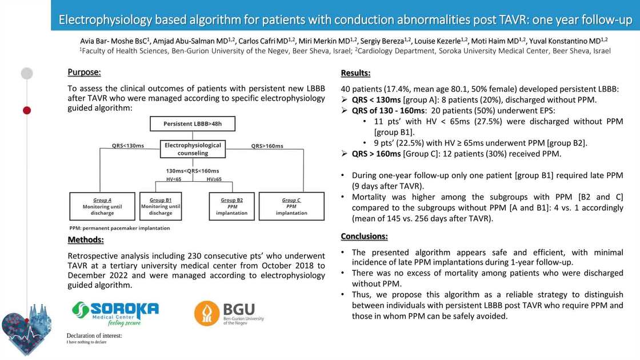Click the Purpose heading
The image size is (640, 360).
pos(84,72)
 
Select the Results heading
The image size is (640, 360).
pos(355,73)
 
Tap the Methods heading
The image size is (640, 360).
pos(86,239)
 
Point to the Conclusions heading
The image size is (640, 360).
pos(364,236)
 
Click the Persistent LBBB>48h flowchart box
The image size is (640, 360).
pos(193,124)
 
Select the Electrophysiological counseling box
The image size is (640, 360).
pos(193,149)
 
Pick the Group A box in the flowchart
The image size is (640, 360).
pos(102,206)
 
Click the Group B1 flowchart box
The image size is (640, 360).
pos(161,206)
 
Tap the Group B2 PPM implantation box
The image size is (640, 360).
pos(231,206)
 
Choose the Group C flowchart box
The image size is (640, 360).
pos(291,206)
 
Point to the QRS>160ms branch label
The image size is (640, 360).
pos(267,146)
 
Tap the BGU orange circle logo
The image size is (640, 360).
pos(207,313)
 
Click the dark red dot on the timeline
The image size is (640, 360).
pos(27,110)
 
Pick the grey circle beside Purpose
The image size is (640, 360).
pos(27,73)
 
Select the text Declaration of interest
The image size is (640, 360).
pos(94,335)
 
